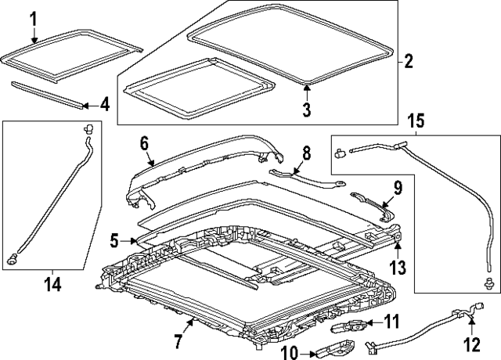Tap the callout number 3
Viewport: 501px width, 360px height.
point(306,110)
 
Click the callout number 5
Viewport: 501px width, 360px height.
point(114,241)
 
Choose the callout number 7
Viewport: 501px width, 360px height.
point(178,340)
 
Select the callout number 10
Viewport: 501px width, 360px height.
point(289,353)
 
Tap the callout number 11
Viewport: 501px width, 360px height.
point(391,321)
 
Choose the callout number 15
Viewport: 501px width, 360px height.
point(416,121)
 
